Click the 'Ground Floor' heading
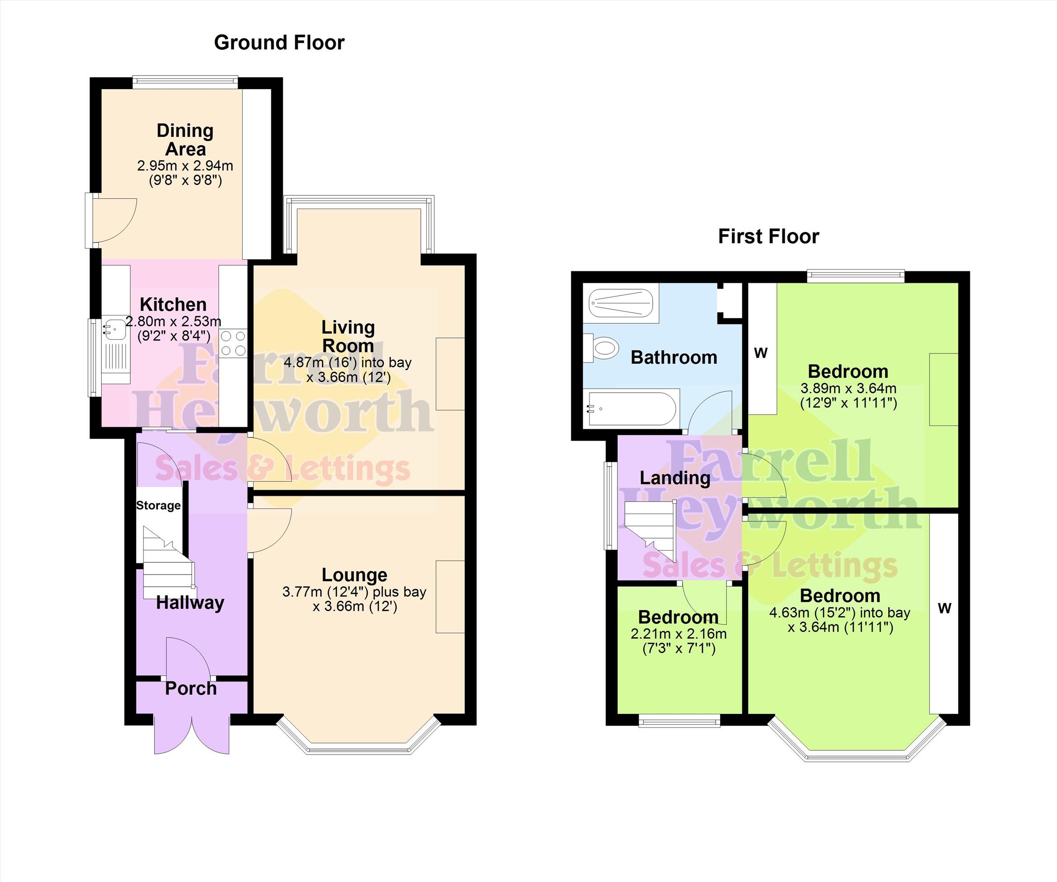(x=279, y=43)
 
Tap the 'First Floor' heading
(x=768, y=237)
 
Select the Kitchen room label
(x=173, y=305)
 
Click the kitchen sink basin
(x=115, y=328)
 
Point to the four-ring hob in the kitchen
(x=233, y=343)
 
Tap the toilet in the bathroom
(x=601, y=348)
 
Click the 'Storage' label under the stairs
(x=158, y=505)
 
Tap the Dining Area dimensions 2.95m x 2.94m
(x=185, y=165)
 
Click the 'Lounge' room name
(x=354, y=575)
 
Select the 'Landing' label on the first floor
(x=675, y=478)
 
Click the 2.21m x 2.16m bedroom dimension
(x=678, y=634)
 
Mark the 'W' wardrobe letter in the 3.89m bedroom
(x=760, y=353)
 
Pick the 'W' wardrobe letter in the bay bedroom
(x=945, y=609)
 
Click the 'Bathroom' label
(x=674, y=358)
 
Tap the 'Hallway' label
(x=190, y=603)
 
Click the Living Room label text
(x=348, y=336)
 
